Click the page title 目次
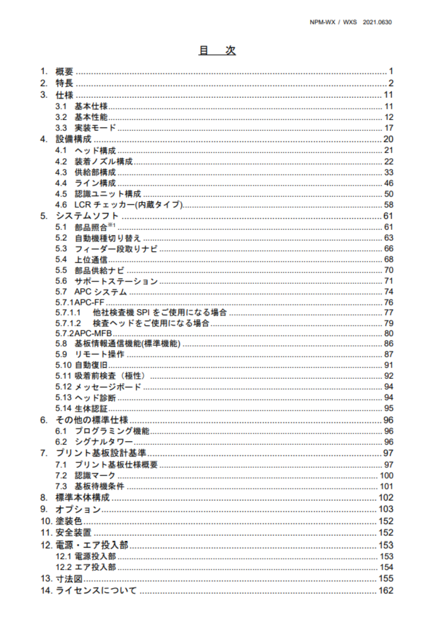click(217, 50)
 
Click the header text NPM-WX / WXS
click(333, 22)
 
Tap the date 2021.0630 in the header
click(377, 22)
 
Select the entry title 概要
click(64, 71)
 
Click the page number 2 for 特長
click(390, 83)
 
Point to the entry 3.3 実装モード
click(85, 128)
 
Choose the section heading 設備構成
click(73, 139)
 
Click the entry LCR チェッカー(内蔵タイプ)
click(128, 205)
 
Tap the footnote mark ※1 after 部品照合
click(112, 225)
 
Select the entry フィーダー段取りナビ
click(116, 249)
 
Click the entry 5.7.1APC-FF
click(80, 302)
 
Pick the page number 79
click(389, 323)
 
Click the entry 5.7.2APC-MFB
click(83, 334)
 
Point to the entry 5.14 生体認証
click(81, 409)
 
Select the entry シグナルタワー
click(103, 442)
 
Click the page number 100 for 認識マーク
click(386, 476)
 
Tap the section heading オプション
click(78, 509)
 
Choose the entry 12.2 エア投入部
click(85, 567)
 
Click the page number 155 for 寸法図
click(386, 579)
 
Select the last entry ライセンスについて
click(96, 591)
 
